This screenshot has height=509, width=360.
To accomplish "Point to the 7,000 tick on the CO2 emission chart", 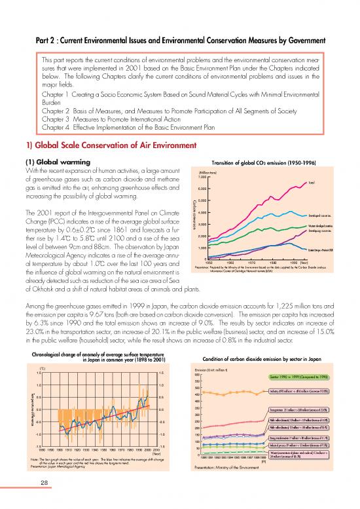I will [203, 177].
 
